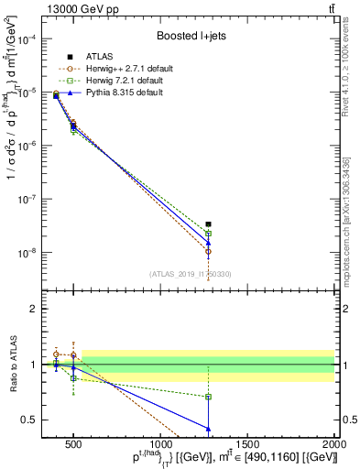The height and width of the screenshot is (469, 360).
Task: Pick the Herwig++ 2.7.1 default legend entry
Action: pos(134,68)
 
